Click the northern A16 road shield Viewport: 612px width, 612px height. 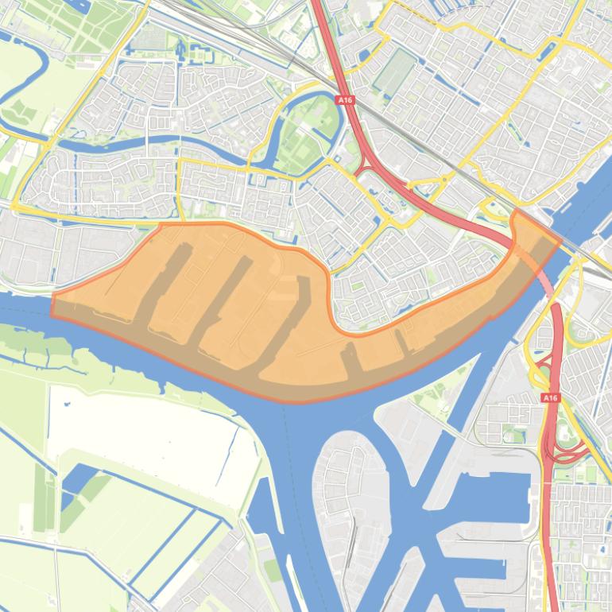click(344, 101)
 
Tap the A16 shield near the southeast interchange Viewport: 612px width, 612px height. click(550, 397)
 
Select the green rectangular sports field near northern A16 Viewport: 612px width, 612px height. click(394, 72)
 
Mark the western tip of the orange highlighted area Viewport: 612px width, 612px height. click(53, 306)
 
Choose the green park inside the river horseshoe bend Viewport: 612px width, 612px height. click(306, 131)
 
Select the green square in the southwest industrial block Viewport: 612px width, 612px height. click(272, 570)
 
